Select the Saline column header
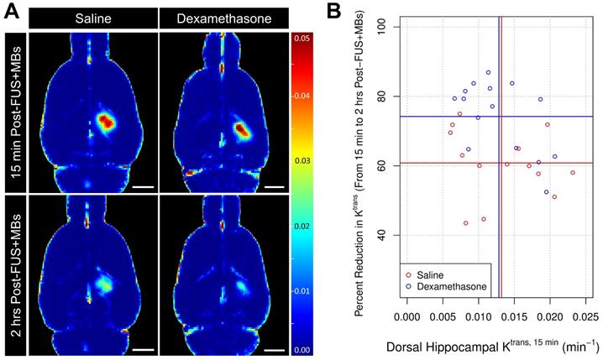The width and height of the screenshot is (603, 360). (x=92, y=18)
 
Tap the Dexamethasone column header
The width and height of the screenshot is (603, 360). (x=224, y=18)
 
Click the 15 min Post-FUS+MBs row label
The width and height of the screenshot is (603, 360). (x=14, y=109)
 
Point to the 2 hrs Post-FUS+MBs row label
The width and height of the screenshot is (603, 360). (x=14, y=274)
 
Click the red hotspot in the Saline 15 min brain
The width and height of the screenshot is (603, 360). (x=106, y=123)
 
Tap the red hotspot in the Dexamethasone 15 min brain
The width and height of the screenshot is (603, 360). (x=242, y=130)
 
